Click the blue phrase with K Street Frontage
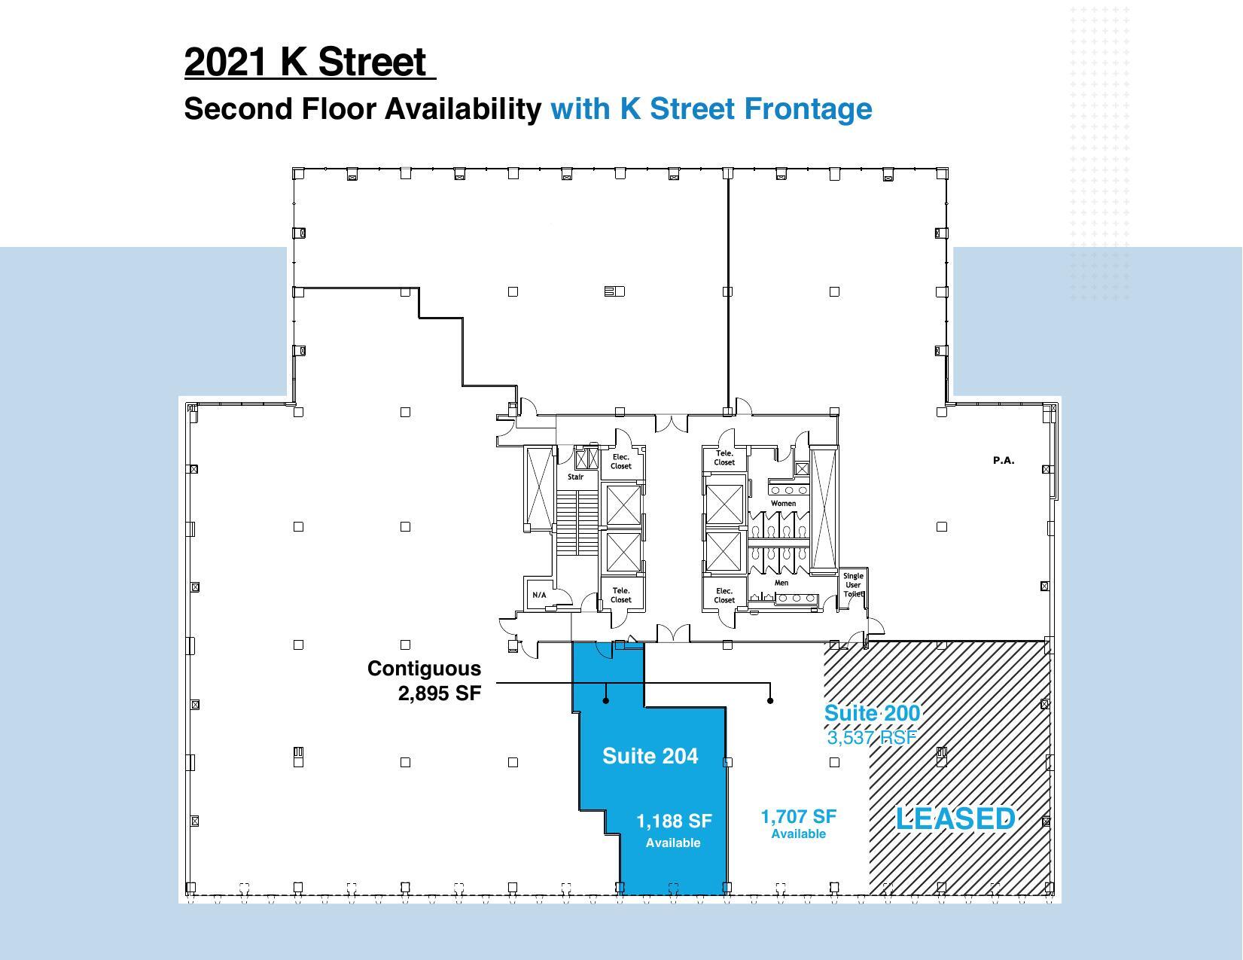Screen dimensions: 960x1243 coord(711,108)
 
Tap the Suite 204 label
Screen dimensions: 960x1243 coord(650,756)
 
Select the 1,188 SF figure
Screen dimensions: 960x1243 coord(674,821)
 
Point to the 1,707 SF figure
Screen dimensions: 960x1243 coord(798,816)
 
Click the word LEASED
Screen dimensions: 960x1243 coord(955,818)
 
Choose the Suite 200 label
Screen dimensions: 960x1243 coord(872,713)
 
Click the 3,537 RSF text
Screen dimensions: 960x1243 coord(872,737)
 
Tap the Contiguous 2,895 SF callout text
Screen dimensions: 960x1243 coord(424,681)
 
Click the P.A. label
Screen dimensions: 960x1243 coord(1004,460)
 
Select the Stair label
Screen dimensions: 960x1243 coord(575,477)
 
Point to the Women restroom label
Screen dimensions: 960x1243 coord(783,503)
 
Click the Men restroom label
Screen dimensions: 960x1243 coord(781,583)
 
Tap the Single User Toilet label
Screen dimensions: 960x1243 coord(853,585)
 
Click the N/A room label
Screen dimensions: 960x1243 coord(539,595)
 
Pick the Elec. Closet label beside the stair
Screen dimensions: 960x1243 coord(621,462)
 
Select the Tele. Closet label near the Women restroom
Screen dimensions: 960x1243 coord(724,458)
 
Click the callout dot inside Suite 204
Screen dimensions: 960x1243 coord(606,701)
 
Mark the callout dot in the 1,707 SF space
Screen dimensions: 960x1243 coord(769,701)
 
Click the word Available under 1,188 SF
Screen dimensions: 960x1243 coord(673,843)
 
